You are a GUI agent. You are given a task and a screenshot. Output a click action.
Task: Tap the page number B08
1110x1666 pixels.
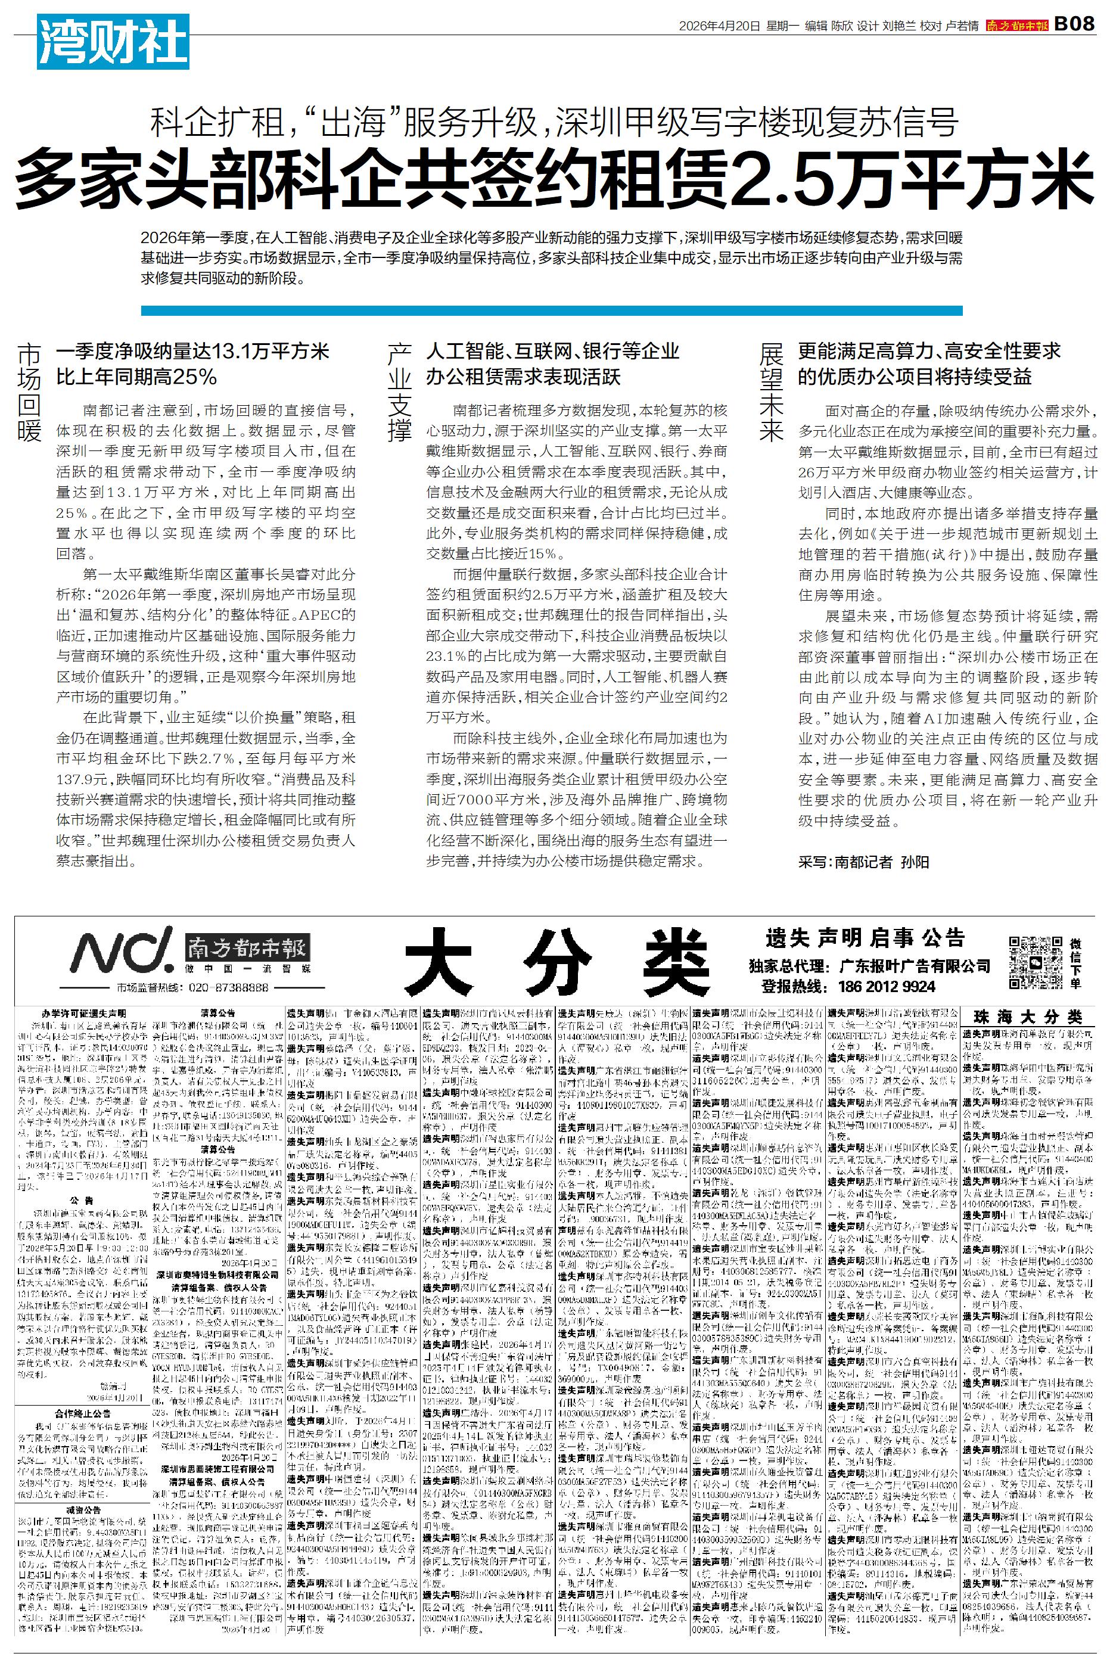(x=1075, y=25)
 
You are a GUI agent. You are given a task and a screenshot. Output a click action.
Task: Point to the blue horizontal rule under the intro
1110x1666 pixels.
(x=552, y=310)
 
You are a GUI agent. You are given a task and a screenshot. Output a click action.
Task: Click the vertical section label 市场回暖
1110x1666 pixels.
(x=30, y=392)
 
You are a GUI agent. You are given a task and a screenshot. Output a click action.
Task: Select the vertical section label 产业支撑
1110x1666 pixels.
(x=400, y=392)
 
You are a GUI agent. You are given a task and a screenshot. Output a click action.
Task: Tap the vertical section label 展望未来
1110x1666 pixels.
(x=772, y=392)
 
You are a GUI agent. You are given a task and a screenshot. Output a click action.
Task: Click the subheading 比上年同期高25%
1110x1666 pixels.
(x=136, y=377)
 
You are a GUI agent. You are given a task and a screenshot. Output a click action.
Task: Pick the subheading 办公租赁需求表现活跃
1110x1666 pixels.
(x=523, y=377)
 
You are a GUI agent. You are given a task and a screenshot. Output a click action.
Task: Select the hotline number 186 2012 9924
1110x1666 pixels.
(x=887, y=987)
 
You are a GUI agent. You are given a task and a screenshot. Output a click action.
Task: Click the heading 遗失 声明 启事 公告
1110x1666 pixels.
(x=865, y=938)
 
